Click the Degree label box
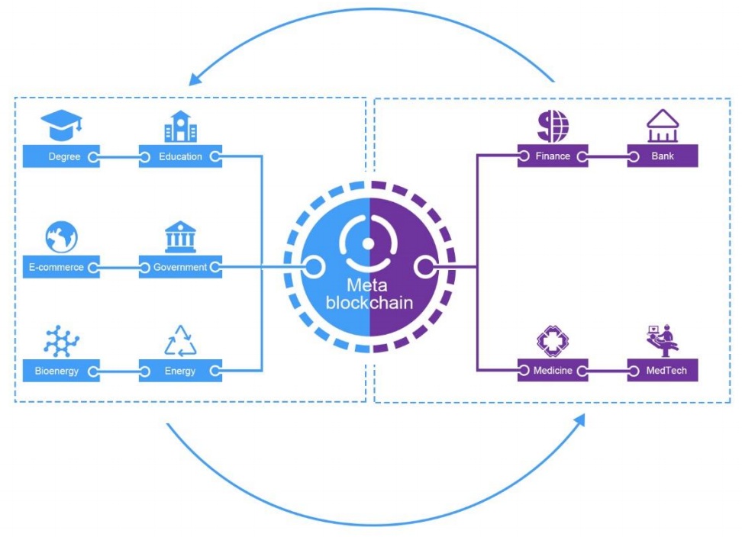click(x=61, y=157)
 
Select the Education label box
click(x=180, y=157)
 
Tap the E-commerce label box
click(x=61, y=268)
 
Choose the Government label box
click(x=180, y=268)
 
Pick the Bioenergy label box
click(x=61, y=371)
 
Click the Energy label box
click(x=180, y=371)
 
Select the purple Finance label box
click(x=553, y=157)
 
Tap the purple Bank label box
click(x=662, y=157)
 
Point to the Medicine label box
click(x=553, y=371)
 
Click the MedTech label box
click(x=662, y=371)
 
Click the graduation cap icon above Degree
click(x=61, y=125)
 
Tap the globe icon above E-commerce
click(x=61, y=237)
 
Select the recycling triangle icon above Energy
click(x=180, y=341)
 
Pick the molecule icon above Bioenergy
click(x=61, y=341)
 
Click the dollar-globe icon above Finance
click(x=553, y=126)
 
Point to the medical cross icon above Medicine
click(x=553, y=341)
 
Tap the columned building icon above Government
click(x=180, y=237)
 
